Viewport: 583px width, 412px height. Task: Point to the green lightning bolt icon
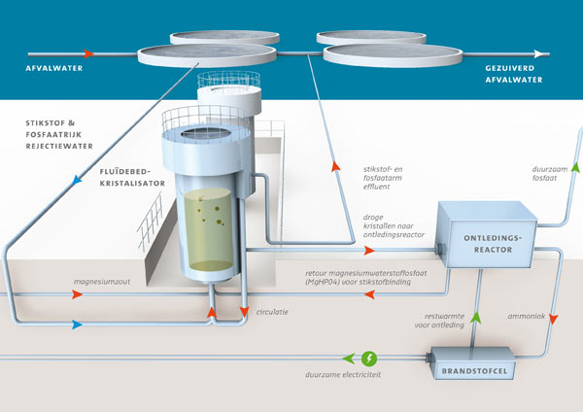point(368,356)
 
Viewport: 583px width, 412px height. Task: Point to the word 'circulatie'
point(275,314)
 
